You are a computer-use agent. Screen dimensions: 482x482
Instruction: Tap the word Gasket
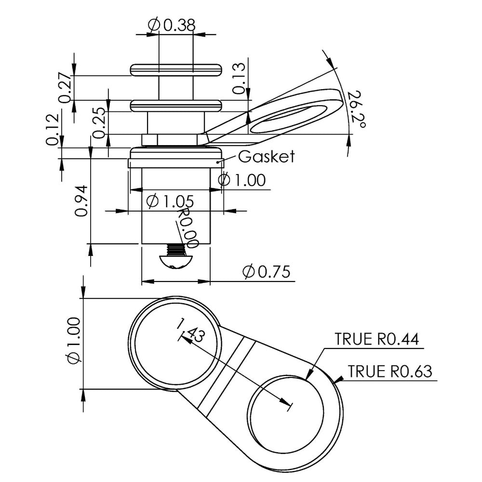click(x=266, y=157)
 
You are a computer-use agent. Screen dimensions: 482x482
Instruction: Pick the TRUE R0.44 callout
click(x=377, y=339)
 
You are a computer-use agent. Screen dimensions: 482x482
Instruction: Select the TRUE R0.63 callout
click(x=389, y=372)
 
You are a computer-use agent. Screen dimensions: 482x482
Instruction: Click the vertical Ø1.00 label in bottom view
click(x=72, y=343)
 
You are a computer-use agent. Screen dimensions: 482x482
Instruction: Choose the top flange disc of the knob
click(x=175, y=70)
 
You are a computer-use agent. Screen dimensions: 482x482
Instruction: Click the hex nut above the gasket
click(x=175, y=139)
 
